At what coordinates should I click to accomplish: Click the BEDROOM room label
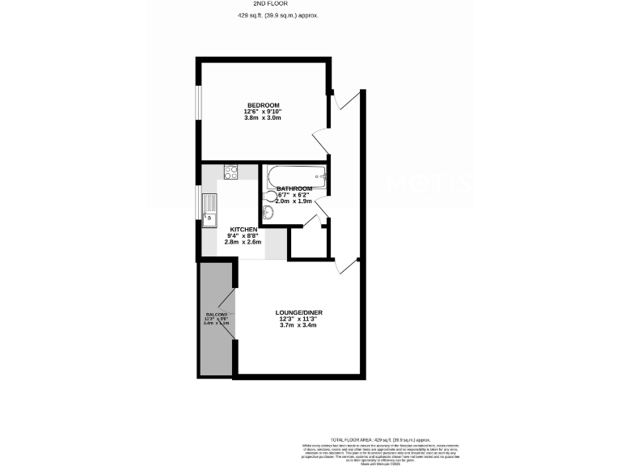point(264,105)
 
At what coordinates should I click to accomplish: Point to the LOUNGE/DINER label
point(298,311)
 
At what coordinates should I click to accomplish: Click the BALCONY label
point(217,314)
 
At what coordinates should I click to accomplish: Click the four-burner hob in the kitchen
point(230,172)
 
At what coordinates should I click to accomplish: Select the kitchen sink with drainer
point(210,209)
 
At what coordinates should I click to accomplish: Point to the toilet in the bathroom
point(267,214)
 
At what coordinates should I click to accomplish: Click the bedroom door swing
point(320,138)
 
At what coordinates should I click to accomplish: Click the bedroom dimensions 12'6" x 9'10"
point(264,112)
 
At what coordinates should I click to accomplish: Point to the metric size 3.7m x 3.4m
point(298,325)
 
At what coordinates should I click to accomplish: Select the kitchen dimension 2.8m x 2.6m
point(243,243)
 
